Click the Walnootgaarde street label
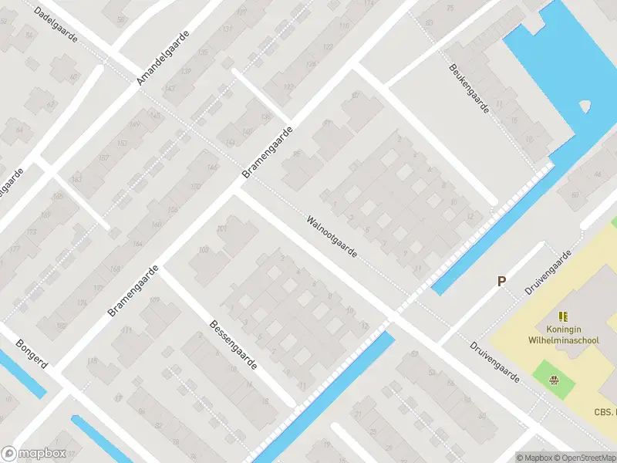[x=332, y=236]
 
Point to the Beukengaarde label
[x=470, y=88]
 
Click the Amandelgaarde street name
[x=163, y=57]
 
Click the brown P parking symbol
[x=501, y=282]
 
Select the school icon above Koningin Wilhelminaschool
[x=564, y=316]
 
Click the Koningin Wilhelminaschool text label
[x=564, y=333]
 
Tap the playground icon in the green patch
[x=553, y=379]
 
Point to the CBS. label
[x=605, y=413]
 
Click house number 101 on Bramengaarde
[x=222, y=229]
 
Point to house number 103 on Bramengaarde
[x=204, y=250]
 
